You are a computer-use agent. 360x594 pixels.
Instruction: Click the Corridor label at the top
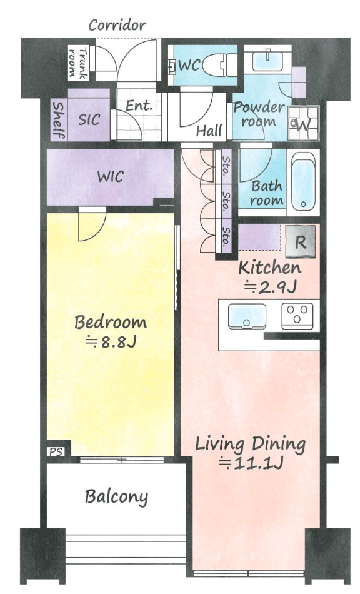117,26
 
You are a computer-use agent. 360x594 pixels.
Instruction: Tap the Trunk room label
78,63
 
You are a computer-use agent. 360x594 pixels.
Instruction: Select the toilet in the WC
220,64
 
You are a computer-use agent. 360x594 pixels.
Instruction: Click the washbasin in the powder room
267,60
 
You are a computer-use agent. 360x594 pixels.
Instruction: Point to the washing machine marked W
303,123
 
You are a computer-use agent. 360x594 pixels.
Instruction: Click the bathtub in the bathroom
303,183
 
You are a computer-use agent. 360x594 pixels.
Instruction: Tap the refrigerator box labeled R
300,241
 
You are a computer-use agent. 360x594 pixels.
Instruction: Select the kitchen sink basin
247,316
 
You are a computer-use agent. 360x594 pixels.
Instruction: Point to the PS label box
56,451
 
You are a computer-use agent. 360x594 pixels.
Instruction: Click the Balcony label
116,496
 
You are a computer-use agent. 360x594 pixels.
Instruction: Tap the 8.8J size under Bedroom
111,341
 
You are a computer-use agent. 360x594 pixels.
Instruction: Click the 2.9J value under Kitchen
270,288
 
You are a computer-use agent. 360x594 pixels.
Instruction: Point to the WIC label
110,176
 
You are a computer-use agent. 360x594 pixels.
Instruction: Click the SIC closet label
89,119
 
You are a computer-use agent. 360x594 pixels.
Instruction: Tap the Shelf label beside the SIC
58,120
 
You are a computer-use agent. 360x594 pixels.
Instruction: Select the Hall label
209,131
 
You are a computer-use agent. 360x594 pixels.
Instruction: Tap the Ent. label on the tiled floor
139,106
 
